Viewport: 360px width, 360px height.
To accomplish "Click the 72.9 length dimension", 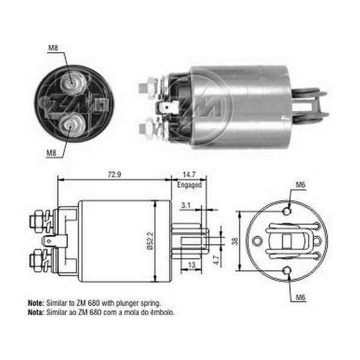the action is click(x=115, y=175).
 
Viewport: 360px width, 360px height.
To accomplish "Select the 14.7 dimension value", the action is click(x=189, y=175).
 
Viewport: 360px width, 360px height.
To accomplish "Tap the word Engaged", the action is click(x=190, y=185).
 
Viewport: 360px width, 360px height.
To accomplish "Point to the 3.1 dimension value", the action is click(x=186, y=205).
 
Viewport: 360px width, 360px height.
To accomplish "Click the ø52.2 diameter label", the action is click(x=150, y=241).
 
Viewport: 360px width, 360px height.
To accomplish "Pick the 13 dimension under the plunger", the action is click(x=191, y=265).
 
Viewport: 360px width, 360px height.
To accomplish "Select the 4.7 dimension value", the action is click(x=217, y=260).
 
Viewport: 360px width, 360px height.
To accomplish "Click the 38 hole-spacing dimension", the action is click(x=235, y=242).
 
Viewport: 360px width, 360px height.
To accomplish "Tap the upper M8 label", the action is click(x=53, y=48).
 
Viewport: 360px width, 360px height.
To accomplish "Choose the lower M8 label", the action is click(x=52, y=152).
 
